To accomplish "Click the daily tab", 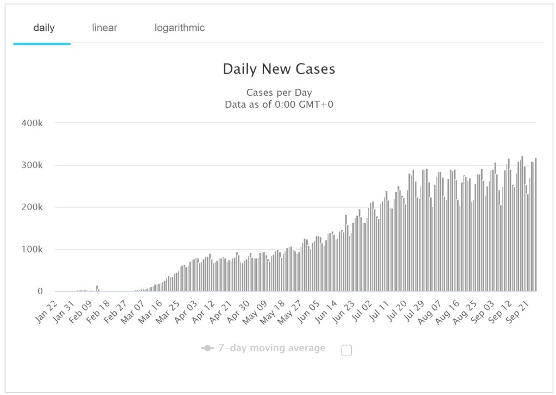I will point(44,28).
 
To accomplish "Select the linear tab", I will point(104,28).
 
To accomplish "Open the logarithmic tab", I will point(179,28).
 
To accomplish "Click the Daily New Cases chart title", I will point(279,69).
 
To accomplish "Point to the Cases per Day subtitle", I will point(279,93).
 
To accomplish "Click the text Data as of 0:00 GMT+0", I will point(279,105).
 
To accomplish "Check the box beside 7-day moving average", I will point(346,350).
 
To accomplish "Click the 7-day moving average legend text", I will point(271,348).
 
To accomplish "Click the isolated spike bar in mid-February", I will point(97,288).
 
